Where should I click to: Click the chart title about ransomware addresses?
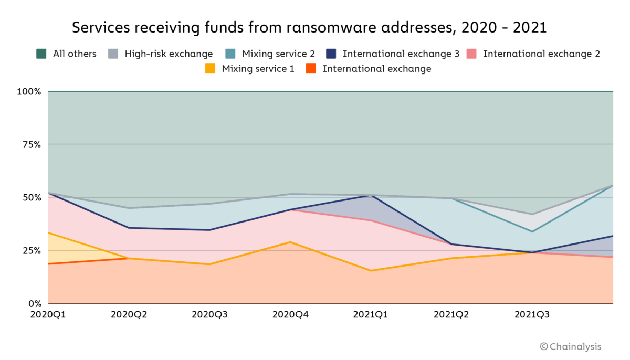pos(309,27)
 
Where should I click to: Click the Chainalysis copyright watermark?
pos(570,346)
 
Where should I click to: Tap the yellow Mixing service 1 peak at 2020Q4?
pos(290,242)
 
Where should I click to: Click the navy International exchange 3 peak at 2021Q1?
pos(371,196)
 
